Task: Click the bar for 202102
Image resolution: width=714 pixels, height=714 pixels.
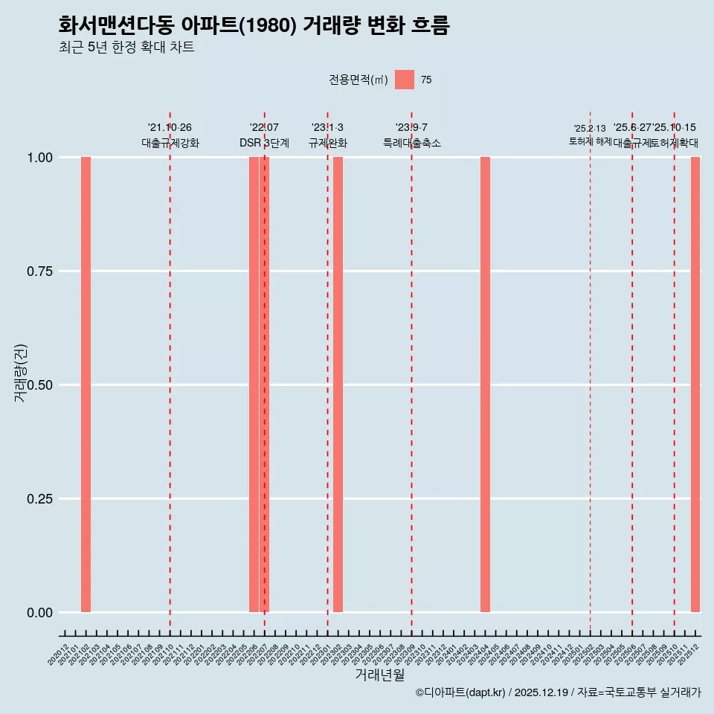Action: click(86, 385)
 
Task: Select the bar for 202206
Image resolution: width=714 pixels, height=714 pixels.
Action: click(254, 385)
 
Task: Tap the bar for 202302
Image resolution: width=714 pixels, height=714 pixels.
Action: click(338, 385)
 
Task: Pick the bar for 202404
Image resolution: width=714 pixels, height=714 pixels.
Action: click(485, 385)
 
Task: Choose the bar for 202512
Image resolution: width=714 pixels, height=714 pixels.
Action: click(695, 385)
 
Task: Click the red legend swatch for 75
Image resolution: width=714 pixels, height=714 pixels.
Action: click(404, 80)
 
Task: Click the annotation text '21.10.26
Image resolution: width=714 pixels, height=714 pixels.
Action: click(170, 128)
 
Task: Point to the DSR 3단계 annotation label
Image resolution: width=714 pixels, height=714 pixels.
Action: click(264, 143)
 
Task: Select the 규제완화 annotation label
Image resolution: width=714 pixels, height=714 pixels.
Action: click(327, 143)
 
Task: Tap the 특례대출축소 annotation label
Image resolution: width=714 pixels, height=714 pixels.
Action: click(411, 143)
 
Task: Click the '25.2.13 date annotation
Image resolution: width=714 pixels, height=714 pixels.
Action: click(590, 129)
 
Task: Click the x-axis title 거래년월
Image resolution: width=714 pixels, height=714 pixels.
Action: click(379, 675)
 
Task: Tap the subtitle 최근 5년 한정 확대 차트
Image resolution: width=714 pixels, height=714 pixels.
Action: click(126, 48)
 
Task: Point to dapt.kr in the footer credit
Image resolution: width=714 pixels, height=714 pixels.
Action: click(485, 692)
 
